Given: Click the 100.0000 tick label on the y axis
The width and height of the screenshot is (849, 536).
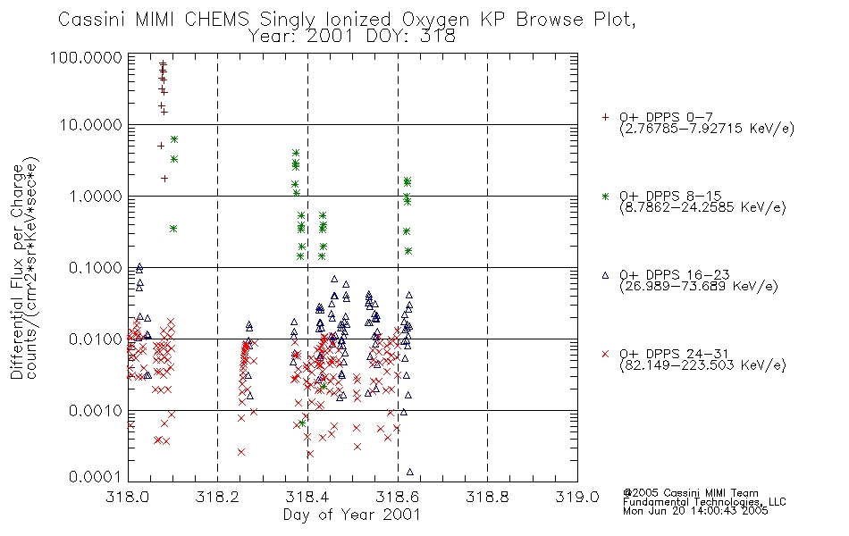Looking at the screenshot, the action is click(86, 57).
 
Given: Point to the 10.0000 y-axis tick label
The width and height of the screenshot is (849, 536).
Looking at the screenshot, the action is click(91, 125).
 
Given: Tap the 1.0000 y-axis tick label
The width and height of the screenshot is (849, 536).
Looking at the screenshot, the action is click(96, 196).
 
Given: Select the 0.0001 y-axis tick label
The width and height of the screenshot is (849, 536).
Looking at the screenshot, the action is click(96, 476).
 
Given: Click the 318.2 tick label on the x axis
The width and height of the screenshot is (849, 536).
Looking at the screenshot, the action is click(217, 497).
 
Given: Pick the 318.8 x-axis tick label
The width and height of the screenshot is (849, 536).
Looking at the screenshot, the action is click(487, 497).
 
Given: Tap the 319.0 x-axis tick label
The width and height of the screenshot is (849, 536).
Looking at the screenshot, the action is click(577, 497).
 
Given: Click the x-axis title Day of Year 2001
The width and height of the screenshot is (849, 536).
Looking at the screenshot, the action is click(352, 515).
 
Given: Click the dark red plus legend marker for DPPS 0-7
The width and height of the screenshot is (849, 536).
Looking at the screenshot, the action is click(605, 117).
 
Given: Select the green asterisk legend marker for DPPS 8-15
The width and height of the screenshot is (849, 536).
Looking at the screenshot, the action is click(605, 196).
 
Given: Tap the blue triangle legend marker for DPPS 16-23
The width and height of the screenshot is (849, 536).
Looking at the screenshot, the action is click(605, 275).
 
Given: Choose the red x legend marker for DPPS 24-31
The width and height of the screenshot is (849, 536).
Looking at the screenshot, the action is click(605, 354).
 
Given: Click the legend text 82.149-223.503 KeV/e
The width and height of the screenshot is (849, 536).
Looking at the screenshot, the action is click(702, 365).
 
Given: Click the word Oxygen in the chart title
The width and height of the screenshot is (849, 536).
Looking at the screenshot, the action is click(435, 20).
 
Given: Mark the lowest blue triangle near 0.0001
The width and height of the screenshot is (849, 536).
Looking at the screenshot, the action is click(410, 472).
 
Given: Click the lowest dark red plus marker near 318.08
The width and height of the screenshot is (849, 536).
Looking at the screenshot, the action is click(164, 178).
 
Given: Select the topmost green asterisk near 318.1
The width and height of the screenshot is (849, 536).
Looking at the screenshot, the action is click(173, 139).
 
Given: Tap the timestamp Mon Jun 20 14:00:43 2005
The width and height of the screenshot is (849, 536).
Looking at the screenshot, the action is click(695, 511).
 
